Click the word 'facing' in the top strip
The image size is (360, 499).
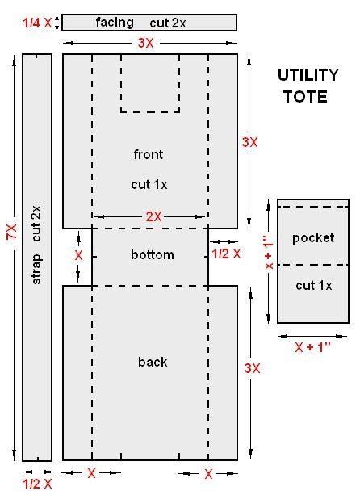[x=115, y=23]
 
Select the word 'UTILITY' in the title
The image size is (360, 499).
[x=308, y=76]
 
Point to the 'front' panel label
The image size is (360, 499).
[x=149, y=154]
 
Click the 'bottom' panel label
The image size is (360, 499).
[x=152, y=255]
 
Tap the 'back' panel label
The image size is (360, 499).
[x=152, y=362]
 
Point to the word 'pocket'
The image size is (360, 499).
[x=312, y=237]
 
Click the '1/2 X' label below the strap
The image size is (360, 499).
[x=37, y=484]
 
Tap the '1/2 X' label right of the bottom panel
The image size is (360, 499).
[x=226, y=254]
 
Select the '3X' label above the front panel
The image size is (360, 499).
[x=145, y=43]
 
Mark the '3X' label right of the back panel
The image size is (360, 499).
[x=252, y=368]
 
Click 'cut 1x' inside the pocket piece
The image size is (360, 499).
[x=313, y=285]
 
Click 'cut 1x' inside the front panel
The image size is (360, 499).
[x=149, y=184]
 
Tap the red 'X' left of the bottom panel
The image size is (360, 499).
[x=78, y=254]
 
